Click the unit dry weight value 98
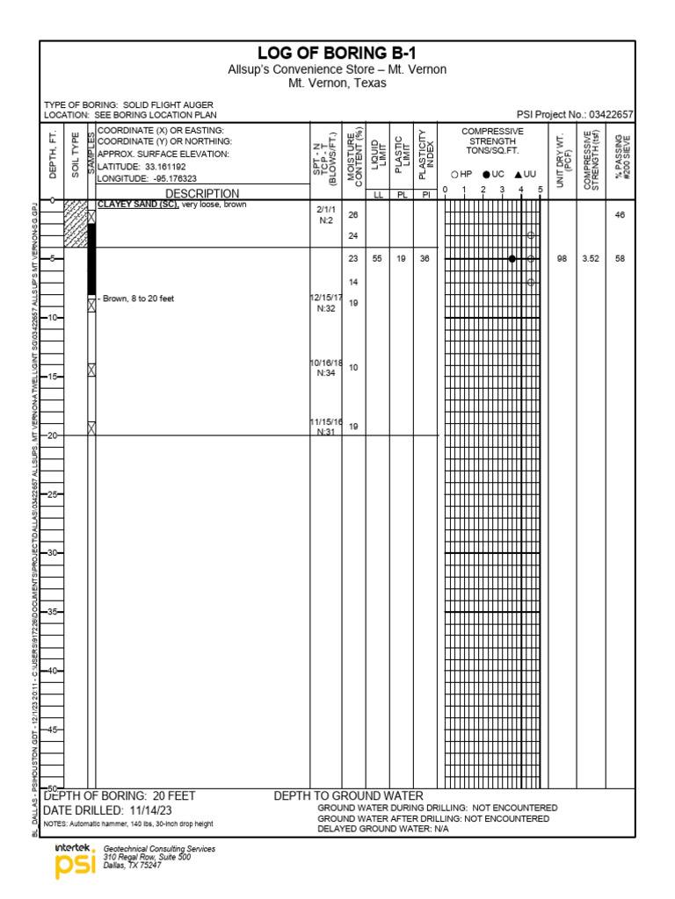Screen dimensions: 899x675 click(562, 259)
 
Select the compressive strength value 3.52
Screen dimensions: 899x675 click(591, 259)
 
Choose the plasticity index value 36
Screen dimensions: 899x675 click(425, 259)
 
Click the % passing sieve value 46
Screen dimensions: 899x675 click(620, 214)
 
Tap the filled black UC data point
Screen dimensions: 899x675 click(512, 259)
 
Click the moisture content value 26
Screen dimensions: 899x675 click(353, 214)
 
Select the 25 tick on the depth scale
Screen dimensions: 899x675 click(52, 494)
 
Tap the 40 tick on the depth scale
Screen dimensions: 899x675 click(52, 671)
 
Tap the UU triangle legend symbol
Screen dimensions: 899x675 click(519, 175)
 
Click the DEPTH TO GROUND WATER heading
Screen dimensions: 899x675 click(348, 796)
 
